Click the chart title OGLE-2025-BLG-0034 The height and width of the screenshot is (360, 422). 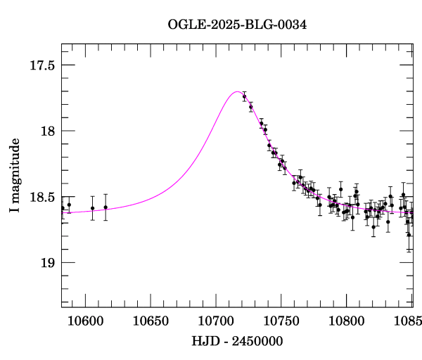[x=237, y=25]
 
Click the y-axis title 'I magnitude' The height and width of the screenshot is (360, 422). [x=15, y=175]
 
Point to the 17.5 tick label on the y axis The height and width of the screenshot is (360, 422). [x=41, y=65]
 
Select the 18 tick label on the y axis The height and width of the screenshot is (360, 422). [x=47, y=131]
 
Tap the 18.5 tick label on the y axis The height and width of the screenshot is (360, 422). [x=41, y=198]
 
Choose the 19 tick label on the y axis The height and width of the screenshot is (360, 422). [x=47, y=263]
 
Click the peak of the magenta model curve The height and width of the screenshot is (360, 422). [x=237, y=92]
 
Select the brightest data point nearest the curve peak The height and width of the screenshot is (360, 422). [x=244, y=96]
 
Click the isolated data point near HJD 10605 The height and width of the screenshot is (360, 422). [x=92, y=208]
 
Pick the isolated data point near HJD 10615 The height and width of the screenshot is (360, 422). [x=105, y=207]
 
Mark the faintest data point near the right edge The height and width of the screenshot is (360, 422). [x=409, y=234]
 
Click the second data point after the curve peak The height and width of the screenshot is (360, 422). [x=250, y=107]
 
